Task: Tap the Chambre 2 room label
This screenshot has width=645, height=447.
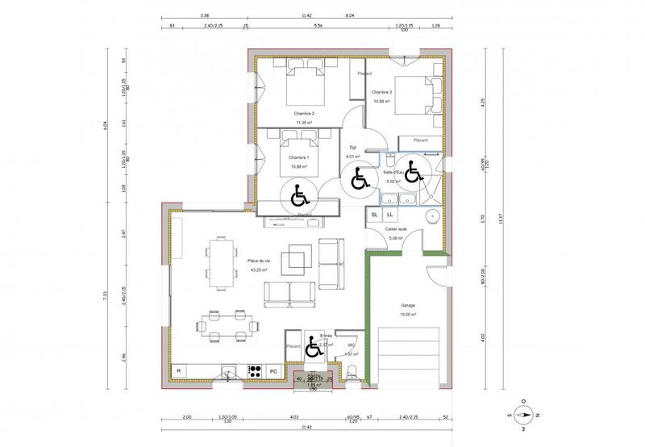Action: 304,113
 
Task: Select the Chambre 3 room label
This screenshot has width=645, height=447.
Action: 381,93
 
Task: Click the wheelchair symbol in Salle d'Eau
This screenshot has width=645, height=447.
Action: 413,171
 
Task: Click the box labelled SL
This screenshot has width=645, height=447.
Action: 375,215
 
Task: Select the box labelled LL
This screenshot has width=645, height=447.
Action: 389,215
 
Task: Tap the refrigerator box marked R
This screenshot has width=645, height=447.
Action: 179,372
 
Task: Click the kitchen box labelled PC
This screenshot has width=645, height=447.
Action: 273,372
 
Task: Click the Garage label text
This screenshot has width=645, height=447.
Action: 409,306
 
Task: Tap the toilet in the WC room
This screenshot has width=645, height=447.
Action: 352,370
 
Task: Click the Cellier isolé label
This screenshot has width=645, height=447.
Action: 396,229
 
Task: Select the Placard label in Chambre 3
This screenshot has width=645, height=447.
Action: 420,140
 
